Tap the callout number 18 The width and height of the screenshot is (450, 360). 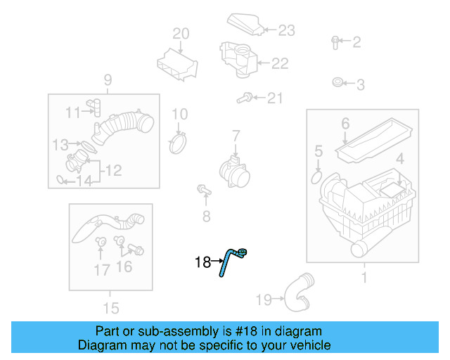pyautogui.click(x=202, y=262)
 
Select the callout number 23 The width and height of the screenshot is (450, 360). pyautogui.click(x=286, y=30)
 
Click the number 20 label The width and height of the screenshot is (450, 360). pyautogui.click(x=181, y=33)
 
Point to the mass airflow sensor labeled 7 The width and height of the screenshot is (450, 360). pyautogui.click(x=233, y=169)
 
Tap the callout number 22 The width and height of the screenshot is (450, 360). pyautogui.click(x=280, y=64)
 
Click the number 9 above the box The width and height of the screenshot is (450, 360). pyautogui.click(x=108, y=79)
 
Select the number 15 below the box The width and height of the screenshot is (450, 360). pyautogui.click(x=110, y=307)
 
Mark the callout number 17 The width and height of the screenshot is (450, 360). pyautogui.click(x=102, y=269)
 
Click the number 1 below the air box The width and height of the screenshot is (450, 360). pyautogui.click(x=364, y=278)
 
